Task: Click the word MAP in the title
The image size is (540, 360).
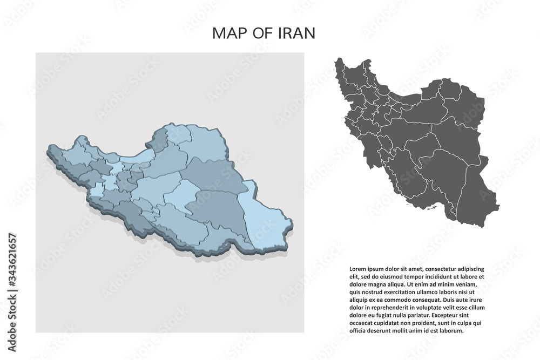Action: pyautogui.click(x=226, y=33)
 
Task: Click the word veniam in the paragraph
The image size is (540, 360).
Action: pyautogui.click(x=468, y=285)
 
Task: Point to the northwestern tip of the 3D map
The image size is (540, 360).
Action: pyautogui.click(x=51, y=147)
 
